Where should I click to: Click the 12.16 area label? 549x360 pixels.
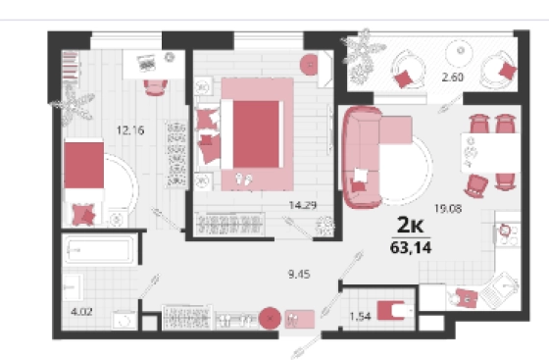[130, 130]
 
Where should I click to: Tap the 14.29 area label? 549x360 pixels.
[303, 205]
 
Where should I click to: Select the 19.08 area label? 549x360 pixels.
[448, 209]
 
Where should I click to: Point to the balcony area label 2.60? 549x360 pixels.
[452, 77]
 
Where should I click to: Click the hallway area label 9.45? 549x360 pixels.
[299, 275]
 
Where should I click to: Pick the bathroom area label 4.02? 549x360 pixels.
[81, 311]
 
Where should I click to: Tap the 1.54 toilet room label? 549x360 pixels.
[360, 317]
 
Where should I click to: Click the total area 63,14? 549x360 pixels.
[411, 247]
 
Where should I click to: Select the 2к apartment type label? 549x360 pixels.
[411, 225]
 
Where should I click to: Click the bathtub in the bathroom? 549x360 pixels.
[99, 250]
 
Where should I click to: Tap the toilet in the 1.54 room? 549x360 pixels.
[394, 311]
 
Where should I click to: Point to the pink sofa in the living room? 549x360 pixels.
[363, 158]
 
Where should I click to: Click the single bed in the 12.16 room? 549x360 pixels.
[84, 182]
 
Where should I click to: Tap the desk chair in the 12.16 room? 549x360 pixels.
[156, 87]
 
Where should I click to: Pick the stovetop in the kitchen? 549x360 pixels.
[508, 234]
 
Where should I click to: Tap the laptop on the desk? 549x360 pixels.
[146, 63]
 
